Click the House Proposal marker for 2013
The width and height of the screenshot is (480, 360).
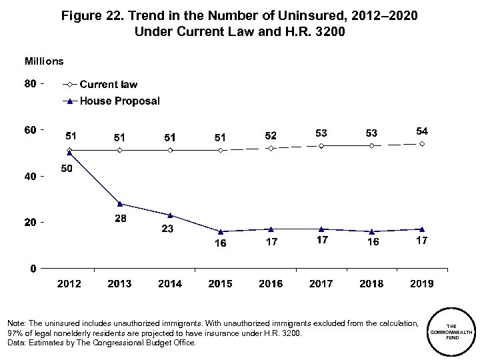[x=119, y=204]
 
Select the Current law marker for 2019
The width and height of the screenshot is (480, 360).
[x=421, y=144]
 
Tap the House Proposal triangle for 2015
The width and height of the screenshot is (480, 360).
[x=220, y=231]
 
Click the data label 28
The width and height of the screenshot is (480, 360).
[x=119, y=219]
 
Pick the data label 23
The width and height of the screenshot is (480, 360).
[x=170, y=229]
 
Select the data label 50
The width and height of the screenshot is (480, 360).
[x=67, y=169]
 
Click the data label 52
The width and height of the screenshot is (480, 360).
[x=271, y=135]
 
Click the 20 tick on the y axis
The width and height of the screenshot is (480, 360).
[x=31, y=222]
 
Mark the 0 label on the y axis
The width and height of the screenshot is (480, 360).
[x=33, y=268]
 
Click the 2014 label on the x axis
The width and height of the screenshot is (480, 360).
[x=170, y=283]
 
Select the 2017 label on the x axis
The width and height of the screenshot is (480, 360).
[x=321, y=283]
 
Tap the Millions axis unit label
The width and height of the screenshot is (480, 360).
[x=44, y=61]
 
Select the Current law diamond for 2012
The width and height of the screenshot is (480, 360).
[x=69, y=150]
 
